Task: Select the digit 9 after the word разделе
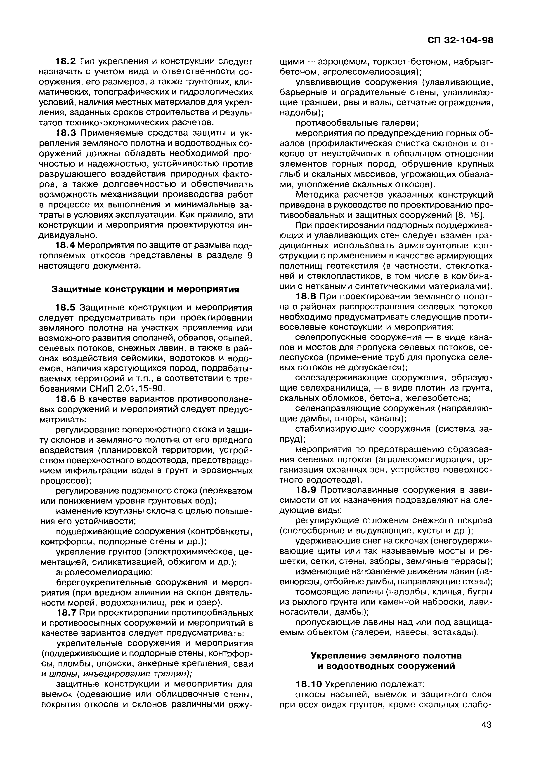(x=249, y=256)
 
